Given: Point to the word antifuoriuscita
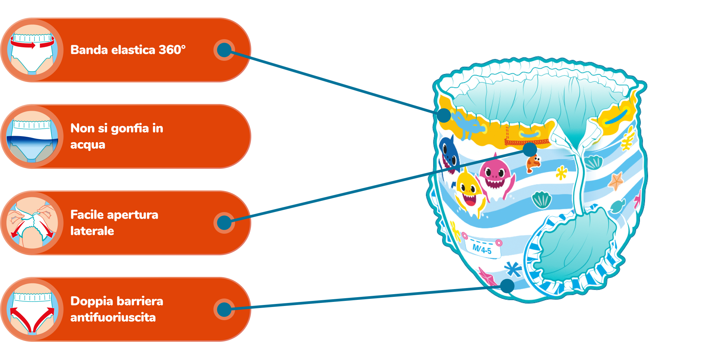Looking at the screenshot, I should pyautogui.click(x=113, y=317).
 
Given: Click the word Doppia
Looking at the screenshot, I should pyautogui.click(x=88, y=301).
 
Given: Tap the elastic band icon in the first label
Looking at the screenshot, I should pyautogui.click(x=32, y=50).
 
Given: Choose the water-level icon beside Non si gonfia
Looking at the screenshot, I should pyautogui.click(x=32, y=136).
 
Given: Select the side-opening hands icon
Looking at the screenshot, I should pyautogui.click(x=32, y=223).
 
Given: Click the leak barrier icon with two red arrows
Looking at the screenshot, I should pyautogui.click(x=32, y=309).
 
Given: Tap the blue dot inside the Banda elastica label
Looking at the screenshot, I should pyautogui.click(x=224, y=50).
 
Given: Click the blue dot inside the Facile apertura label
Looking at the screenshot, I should pyautogui.click(x=224, y=223).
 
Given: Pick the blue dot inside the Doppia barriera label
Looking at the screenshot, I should pyautogui.click(x=224, y=309).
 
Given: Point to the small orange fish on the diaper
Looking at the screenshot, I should pyautogui.click(x=533, y=162).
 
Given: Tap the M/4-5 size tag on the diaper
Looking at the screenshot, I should pyautogui.click(x=482, y=250).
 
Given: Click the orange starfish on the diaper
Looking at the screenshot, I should pyautogui.click(x=616, y=181).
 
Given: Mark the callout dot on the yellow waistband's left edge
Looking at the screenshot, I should pyautogui.click(x=444, y=115).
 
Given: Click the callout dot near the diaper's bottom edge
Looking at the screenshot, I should pyautogui.click(x=507, y=286).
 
